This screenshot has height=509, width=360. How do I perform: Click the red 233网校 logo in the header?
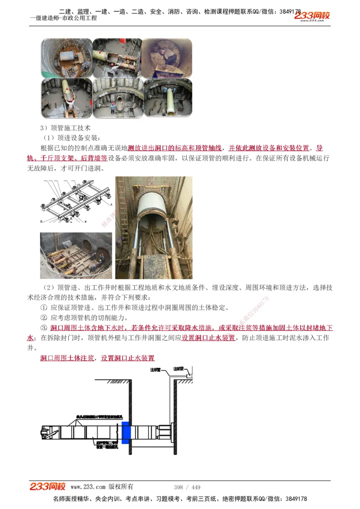(x=312, y=16)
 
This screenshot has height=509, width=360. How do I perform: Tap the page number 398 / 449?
(x=187, y=487)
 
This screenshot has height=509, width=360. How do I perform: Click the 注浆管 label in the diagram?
(x=155, y=370)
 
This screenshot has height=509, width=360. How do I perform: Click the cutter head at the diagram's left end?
(x=45, y=433)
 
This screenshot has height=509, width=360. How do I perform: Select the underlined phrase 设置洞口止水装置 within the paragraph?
(x=208, y=338)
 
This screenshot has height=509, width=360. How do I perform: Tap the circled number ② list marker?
(x=44, y=317)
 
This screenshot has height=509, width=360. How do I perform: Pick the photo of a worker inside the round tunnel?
(x=166, y=58)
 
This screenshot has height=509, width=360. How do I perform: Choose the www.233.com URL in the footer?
(x=88, y=487)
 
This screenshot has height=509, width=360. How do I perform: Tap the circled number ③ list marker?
(x=44, y=328)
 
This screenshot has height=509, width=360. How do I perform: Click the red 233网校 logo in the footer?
(x=48, y=487)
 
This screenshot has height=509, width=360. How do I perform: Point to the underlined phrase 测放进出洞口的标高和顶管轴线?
(x=175, y=148)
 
